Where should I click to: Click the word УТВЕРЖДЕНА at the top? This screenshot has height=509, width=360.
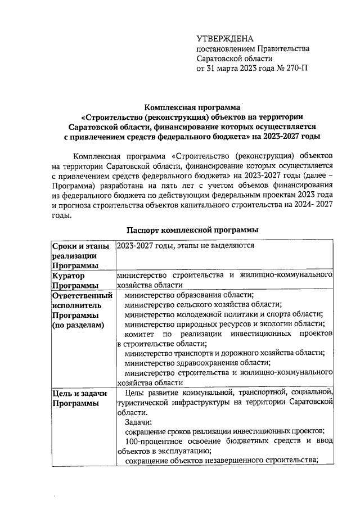coord(225,38)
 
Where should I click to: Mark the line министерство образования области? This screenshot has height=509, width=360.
coord(188,295)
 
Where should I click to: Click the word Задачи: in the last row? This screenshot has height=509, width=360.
coord(138,421)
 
